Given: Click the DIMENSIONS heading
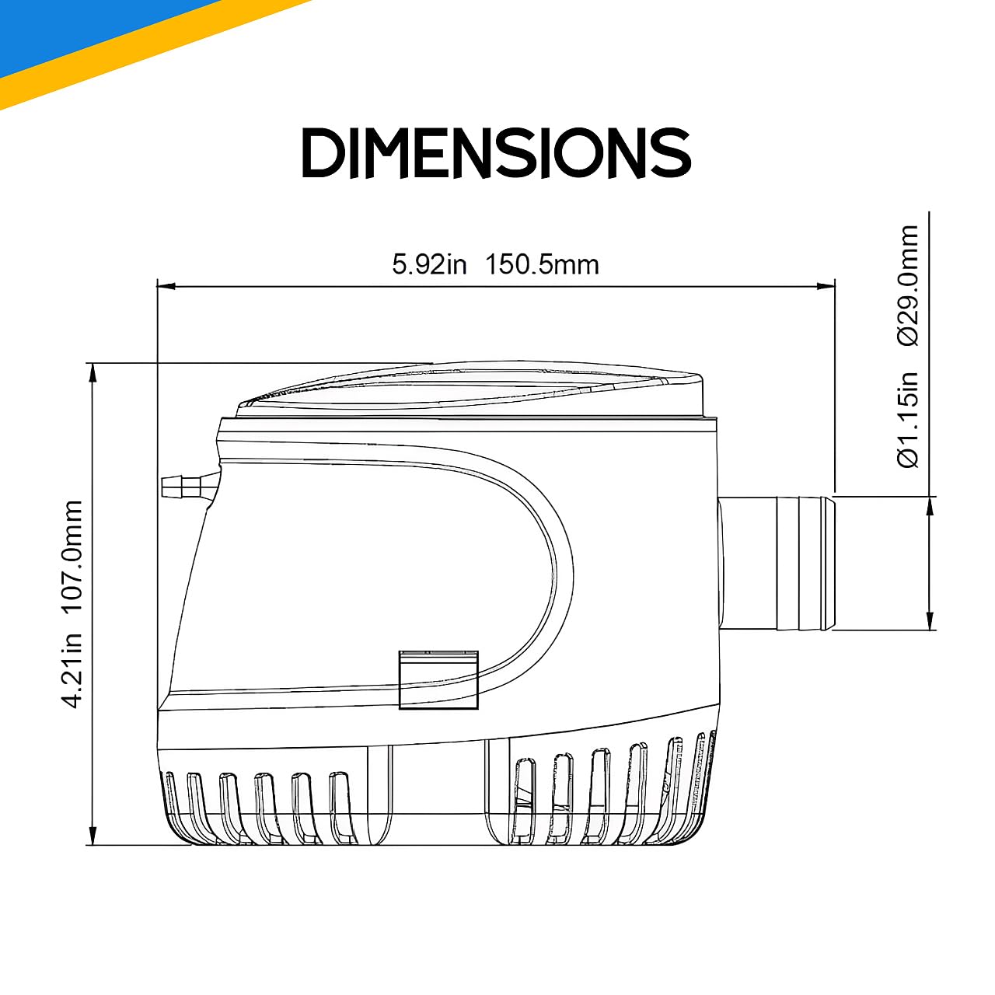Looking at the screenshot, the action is tap(496, 152).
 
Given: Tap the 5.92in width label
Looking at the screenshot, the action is tap(429, 264).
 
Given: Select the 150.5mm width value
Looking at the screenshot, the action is tap(542, 264).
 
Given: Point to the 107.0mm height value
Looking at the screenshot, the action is tap(75, 557).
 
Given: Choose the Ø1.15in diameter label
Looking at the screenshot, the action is tap(908, 419).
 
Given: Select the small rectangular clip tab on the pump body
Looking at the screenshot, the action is tap(438, 679).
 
